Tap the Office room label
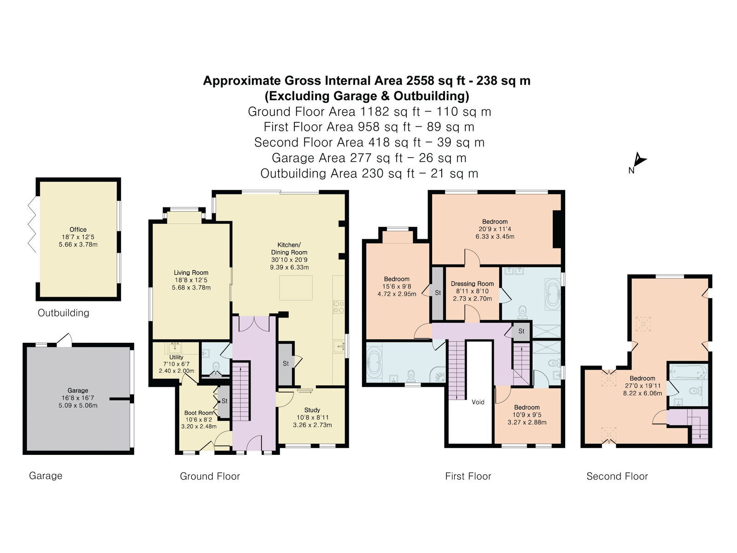click(x=78, y=229)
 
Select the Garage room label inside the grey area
click(x=78, y=390)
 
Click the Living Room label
click(x=191, y=273)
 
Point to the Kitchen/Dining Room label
click(x=289, y=248)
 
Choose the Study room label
click(x=312, y=410)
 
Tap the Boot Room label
click(x=199, y=412)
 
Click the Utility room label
click(x=176, y=357)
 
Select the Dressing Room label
click(x=472, y=284)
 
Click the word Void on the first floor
click(x=478, y=402)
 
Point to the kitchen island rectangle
click(x=296, y=288)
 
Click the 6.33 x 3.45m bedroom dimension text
click(x=495, y=236)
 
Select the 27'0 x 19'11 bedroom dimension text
click(x=642, y=386)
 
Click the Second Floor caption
click(x=617, y=476)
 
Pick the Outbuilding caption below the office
click(x=64, y=313)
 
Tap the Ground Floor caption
click(x=210, y=476)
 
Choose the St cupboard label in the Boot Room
click(x=224, y=401)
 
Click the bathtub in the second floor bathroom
click(x=688, y=372)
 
